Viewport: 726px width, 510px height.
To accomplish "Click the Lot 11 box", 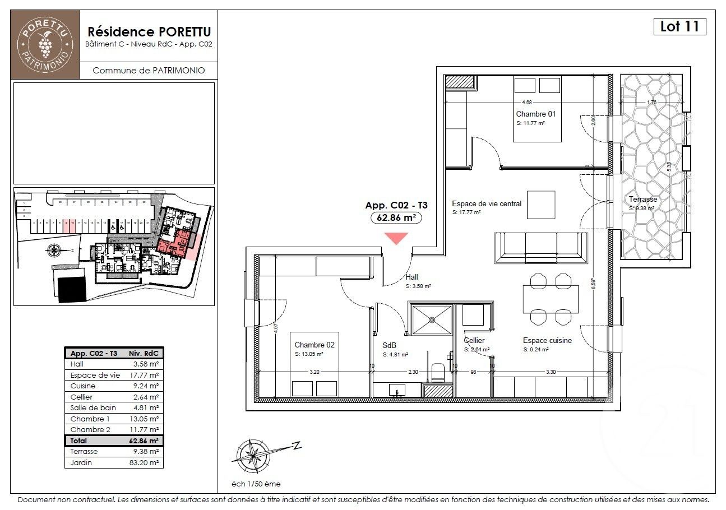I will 679,26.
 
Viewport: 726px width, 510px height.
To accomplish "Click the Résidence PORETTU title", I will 148,31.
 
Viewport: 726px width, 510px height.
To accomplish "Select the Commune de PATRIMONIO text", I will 148,71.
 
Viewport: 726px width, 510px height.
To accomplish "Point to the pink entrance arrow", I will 396,238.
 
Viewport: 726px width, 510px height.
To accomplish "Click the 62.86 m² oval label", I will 396,218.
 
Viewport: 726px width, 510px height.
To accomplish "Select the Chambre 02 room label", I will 314,345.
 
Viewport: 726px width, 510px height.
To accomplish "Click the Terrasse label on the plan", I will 642,199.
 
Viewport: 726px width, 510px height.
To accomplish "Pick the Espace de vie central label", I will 487,203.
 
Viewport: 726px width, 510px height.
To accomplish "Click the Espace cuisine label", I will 547,340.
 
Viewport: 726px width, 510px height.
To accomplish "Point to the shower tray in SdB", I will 432,319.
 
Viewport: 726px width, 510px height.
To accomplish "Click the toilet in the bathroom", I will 438,371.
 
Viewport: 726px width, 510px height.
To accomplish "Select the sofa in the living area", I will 540,247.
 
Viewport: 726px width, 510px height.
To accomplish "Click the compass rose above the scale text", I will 251,455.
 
